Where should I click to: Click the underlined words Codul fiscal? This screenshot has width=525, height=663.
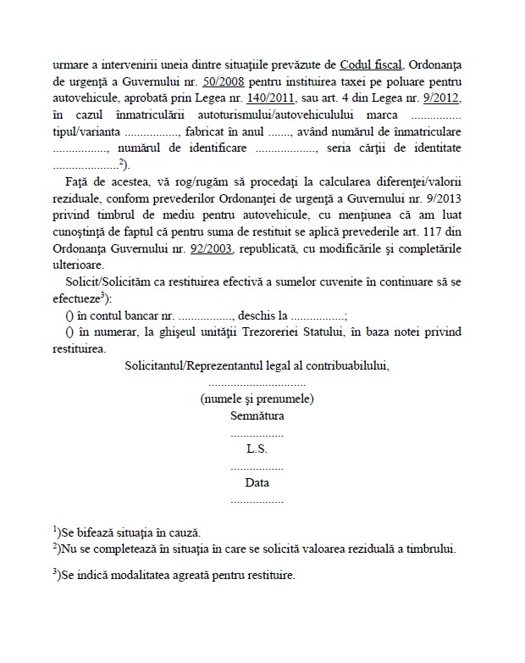click(373, 65)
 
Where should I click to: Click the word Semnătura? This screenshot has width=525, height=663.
click(257, 415)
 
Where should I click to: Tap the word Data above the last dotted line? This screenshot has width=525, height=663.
click(257, 482)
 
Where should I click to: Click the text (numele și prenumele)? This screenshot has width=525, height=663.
click(257, 398)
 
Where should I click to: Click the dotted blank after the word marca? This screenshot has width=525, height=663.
click(423, 115)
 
